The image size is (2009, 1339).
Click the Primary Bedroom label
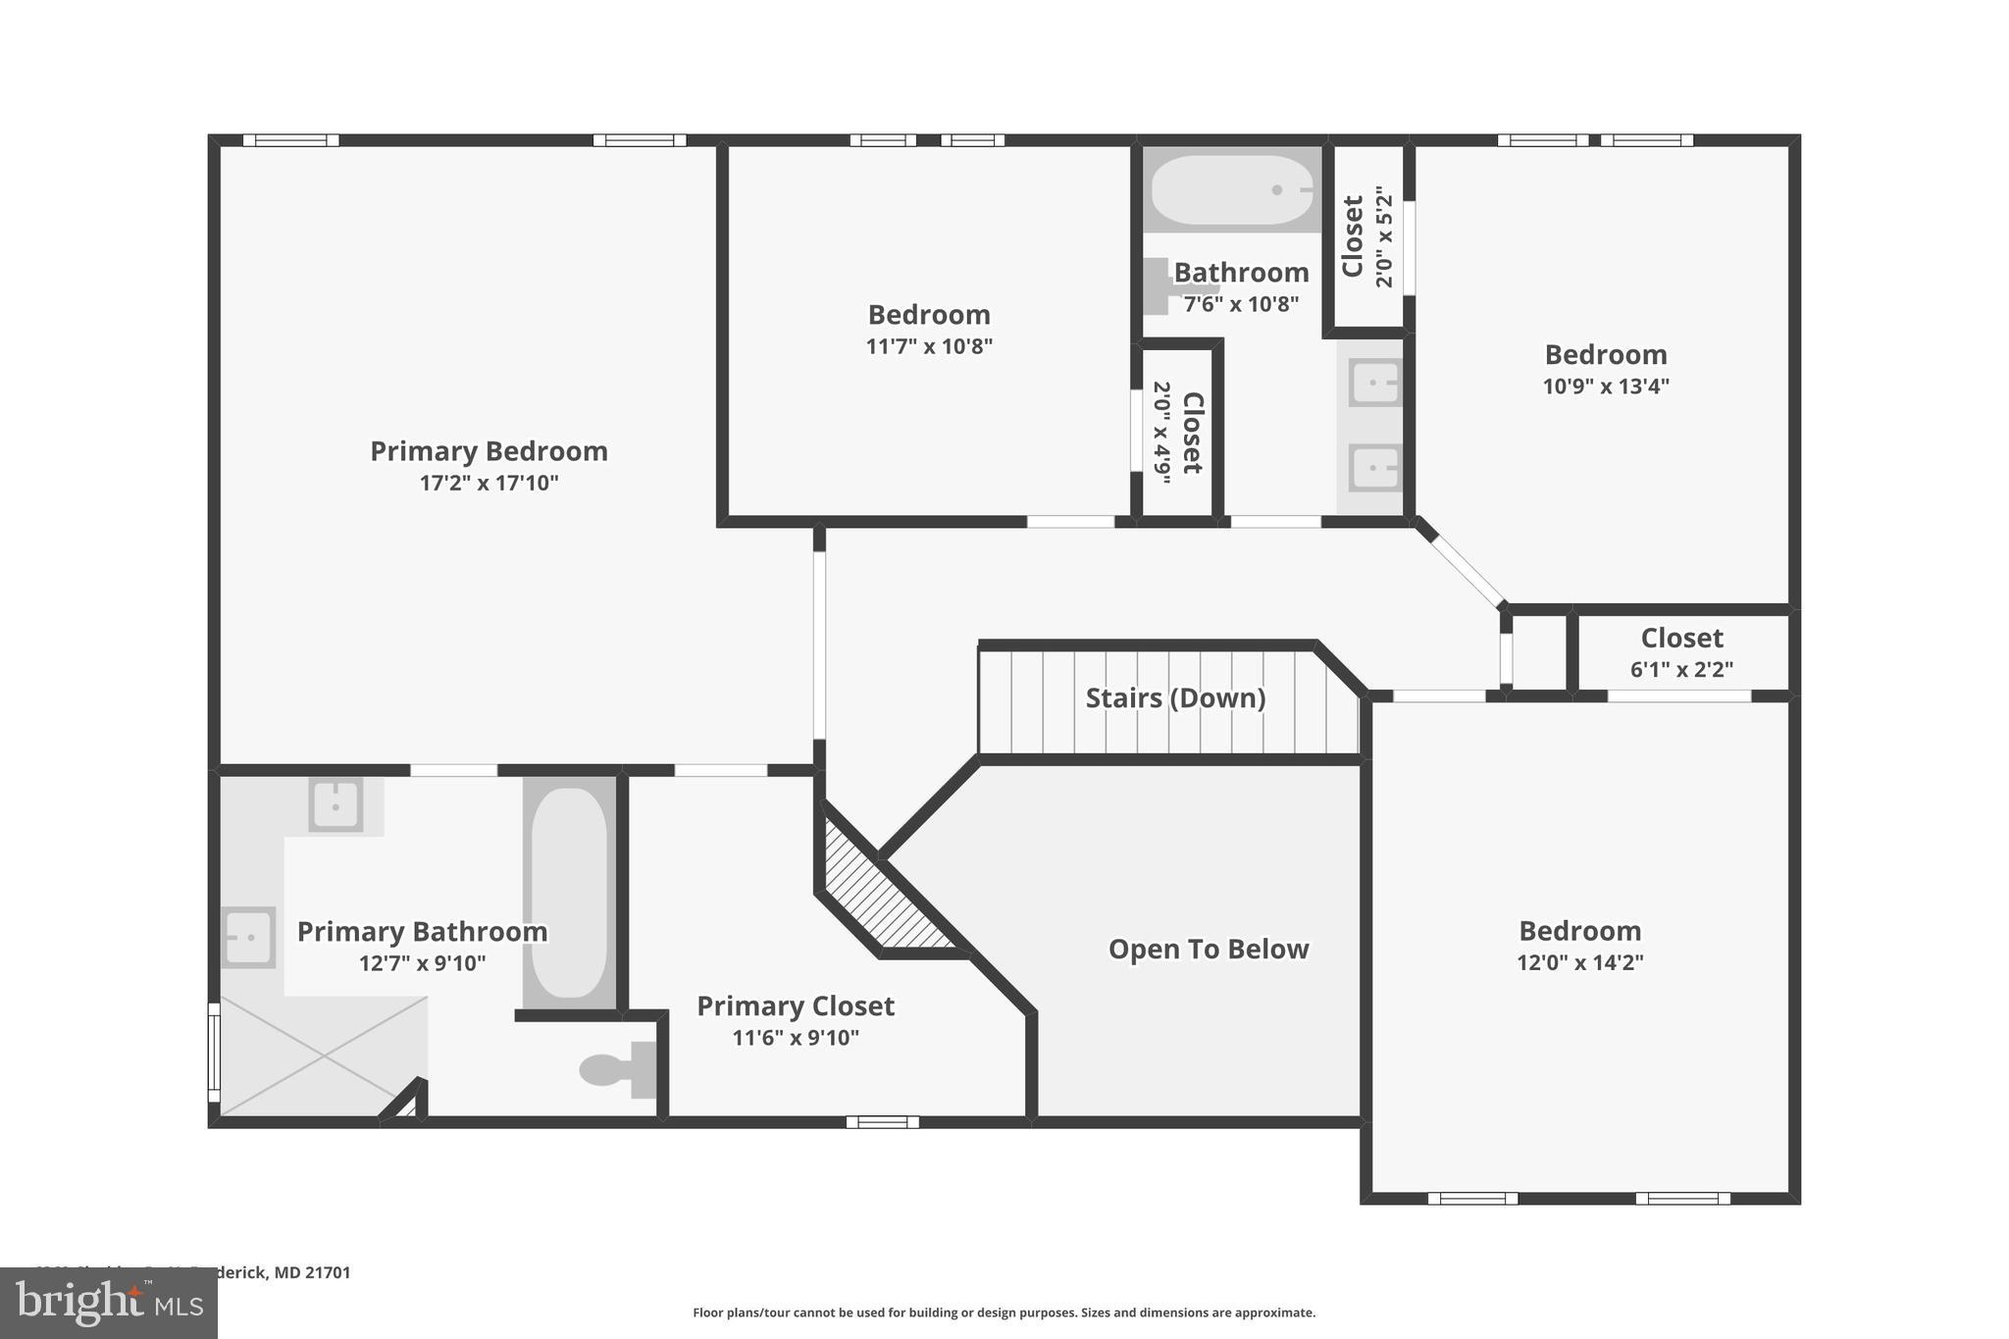(x=489, y=451)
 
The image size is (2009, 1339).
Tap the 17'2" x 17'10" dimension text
(x=489, y=483)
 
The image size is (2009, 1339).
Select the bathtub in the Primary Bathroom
(x=569, y=893)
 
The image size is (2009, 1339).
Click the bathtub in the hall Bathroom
(x=1232, y=189)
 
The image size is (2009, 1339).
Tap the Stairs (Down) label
(x=1175, y=698)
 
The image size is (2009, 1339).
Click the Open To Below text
(x=1209, y=950)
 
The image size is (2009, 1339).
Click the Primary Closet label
(x=796, y=1006)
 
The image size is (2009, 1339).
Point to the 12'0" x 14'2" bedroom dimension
(x=1579, y=962)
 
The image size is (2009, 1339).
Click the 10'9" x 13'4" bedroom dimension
(x=1606, y=386)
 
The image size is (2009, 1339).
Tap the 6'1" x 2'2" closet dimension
(x=1681, y=670)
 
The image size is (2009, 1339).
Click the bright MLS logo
(x=109, y=1303)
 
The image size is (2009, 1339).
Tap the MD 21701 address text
(x=312, y=1272)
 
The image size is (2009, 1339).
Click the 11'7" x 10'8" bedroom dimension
(x=929, y=346)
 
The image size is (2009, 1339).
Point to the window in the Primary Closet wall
(x=882, y=1122)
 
